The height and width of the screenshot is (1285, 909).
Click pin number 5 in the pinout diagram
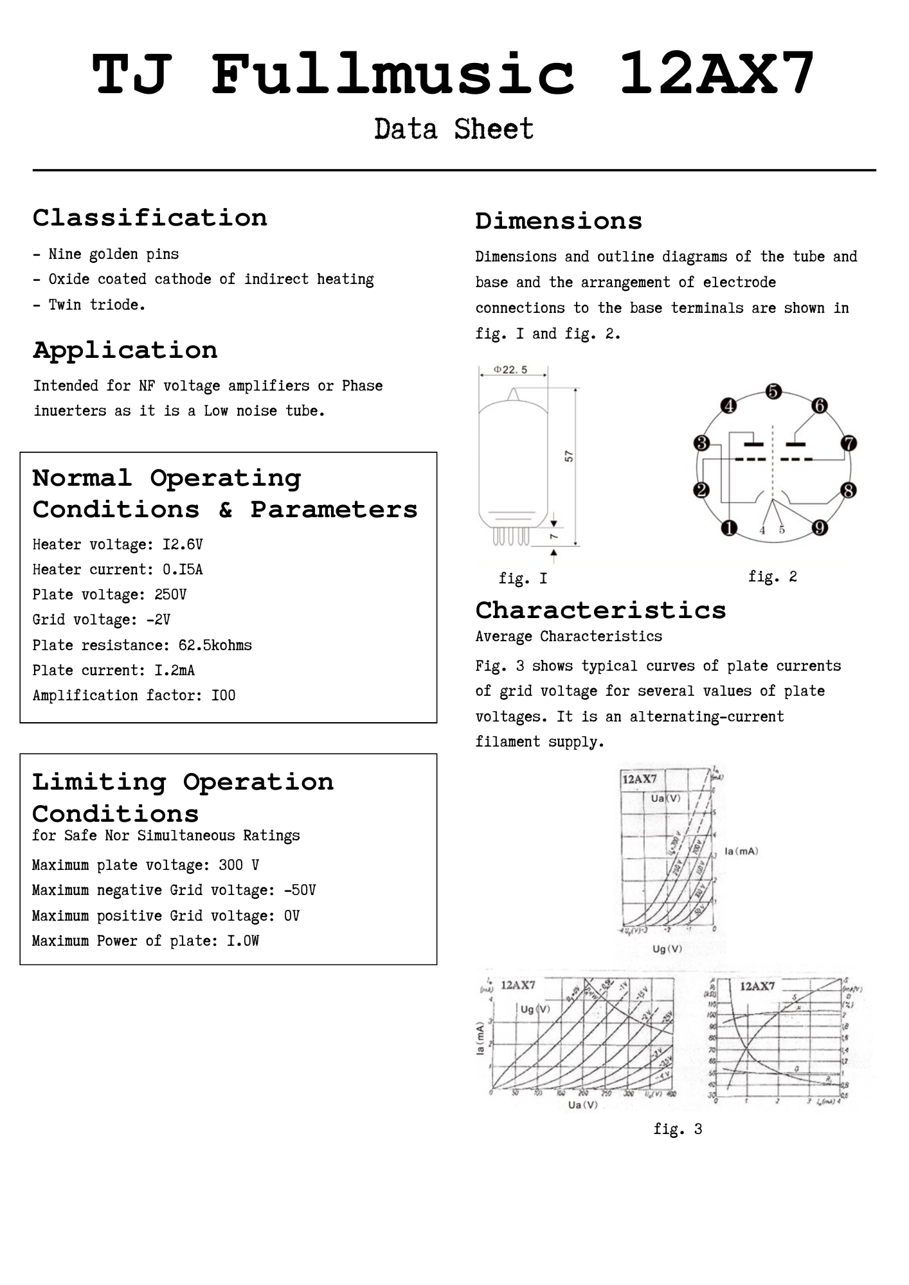[773, 391]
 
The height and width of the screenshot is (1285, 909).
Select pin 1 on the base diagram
[728, 528]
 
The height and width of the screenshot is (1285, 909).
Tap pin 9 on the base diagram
[819, 528]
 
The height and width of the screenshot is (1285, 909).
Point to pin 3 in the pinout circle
[701, 443]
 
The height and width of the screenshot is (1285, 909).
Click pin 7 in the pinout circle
[849, 443]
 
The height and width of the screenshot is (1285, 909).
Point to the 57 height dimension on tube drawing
[569, 456]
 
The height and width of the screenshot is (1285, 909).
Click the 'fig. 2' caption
[772, 576]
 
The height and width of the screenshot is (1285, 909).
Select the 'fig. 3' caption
[678, 1129]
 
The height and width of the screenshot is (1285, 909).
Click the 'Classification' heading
[150, 218]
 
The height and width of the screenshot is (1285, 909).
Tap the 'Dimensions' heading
[559, 221]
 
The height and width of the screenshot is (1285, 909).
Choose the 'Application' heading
[125, 350]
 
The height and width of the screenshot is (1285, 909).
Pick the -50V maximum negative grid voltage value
[300, 891]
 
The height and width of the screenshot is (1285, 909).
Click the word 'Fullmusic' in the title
[393, 74]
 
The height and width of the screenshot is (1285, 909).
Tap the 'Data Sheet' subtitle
[454, 129]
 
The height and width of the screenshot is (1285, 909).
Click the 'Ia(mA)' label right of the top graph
[741, 851]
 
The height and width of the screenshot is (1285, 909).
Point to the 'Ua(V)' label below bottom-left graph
[582, 1105]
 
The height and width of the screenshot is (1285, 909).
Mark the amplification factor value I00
[223, 696]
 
